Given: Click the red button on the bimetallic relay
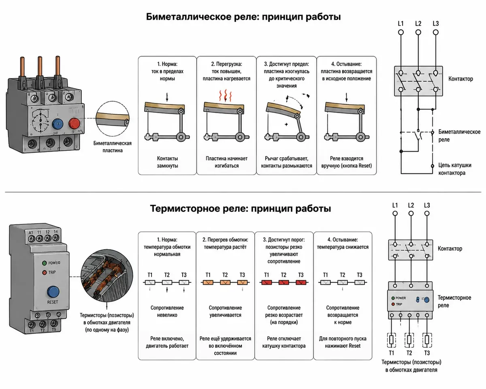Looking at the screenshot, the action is coord(74,123).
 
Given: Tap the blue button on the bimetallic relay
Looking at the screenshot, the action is coord(58,124).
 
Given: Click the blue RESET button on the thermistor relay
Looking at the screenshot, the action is coord(53,292).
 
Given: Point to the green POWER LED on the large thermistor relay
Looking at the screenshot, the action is coord(45,263).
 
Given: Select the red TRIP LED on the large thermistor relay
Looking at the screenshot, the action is coord(45,272).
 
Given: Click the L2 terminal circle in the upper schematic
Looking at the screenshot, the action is coord(418,32).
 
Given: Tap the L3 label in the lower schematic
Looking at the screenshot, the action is coord(427,205).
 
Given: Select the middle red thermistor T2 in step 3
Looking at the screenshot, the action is coord(283,282).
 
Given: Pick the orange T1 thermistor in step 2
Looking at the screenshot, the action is coord(208,282).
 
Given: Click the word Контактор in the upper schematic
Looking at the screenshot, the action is coord(460,79).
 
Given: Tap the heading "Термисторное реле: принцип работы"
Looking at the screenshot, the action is coord(241,208).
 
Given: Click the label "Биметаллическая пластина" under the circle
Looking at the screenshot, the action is coord(113,147).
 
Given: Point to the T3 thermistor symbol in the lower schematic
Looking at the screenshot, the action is coord(427,340).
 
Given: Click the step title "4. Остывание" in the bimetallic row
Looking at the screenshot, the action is coord(346,64).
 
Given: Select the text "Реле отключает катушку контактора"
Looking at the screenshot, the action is coord(284,342).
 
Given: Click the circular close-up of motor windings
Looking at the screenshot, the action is coord(107,276).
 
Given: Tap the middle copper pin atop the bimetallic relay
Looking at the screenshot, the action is coord(40,66).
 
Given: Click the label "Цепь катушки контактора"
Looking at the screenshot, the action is coord(455,169).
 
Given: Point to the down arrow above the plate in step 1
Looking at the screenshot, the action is coord(167,97).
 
